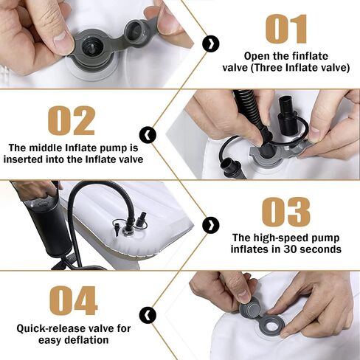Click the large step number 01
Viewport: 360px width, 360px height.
pos(286,29)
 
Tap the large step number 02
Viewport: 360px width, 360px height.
pos(72,120)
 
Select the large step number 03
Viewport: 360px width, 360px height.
pos(286,212)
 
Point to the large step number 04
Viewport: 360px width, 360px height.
pos(74,300)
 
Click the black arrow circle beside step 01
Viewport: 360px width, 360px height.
pos(211,44)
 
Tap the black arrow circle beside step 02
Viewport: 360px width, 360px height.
pos(148,135)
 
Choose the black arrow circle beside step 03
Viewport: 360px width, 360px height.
pos(211,225)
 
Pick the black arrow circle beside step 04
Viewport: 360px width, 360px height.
pos(148,315)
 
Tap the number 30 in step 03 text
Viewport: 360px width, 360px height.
pos(291,249)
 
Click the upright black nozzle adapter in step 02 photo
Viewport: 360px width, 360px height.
pos(285,114)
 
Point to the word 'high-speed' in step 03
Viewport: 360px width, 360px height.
pos(280,238)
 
